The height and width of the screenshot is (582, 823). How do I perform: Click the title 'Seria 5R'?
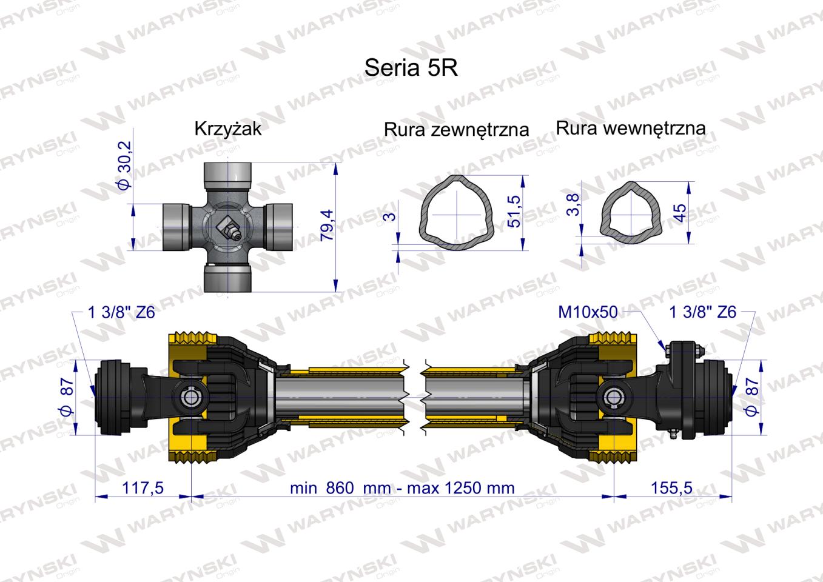click(411, 68)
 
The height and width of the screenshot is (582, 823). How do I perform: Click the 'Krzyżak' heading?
click(228, 129)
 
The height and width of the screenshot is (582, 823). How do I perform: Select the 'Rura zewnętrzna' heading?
click(456, 129)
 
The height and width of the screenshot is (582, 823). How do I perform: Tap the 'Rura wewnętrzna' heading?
click(631, 128)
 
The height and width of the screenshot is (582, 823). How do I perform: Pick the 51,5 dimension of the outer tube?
click(514, 212)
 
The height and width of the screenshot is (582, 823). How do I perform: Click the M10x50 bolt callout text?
click(588, 312)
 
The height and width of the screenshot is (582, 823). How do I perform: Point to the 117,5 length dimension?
click(143, 488)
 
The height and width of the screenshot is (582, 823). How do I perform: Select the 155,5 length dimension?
click(671, 488)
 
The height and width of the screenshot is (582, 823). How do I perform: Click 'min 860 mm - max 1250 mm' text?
click(402, 488)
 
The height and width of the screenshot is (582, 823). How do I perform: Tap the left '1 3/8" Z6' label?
click(121, 312)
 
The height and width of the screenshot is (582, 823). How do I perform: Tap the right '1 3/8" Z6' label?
click(702, 312)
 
